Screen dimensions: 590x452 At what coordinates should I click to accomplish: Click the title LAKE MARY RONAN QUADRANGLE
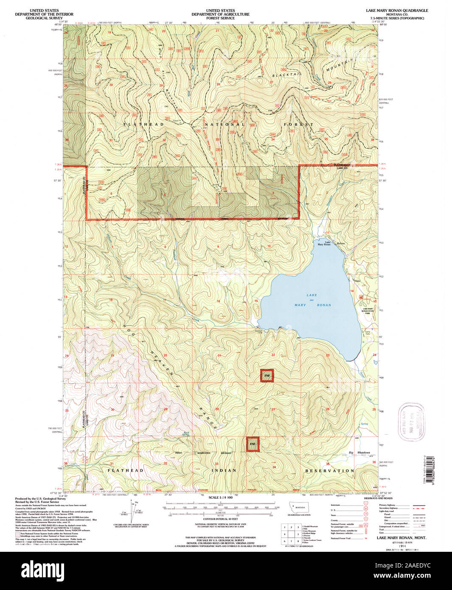click(397, 10)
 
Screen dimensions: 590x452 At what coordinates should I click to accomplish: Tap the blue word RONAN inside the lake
click(323, 305)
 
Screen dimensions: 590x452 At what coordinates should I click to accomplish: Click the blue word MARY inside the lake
click(300, 305)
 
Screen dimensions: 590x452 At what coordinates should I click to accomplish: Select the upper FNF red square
click(267, 376)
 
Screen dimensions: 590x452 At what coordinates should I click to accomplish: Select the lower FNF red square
click(253, 444)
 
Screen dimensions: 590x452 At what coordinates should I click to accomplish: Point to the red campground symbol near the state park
click(361, 297)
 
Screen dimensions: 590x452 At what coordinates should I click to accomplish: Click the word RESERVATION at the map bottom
click(329, 471)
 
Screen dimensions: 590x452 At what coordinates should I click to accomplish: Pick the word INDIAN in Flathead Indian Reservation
click(224, 471)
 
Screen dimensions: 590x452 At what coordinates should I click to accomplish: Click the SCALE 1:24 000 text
click(220, 497)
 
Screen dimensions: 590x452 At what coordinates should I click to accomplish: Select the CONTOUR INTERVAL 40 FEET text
click(220, 519)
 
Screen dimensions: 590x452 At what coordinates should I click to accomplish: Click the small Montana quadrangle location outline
click(299, 508)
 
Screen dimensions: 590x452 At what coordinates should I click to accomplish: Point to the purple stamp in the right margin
click(411, 422)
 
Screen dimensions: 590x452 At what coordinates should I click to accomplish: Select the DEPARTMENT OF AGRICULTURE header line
click(220, 14)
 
